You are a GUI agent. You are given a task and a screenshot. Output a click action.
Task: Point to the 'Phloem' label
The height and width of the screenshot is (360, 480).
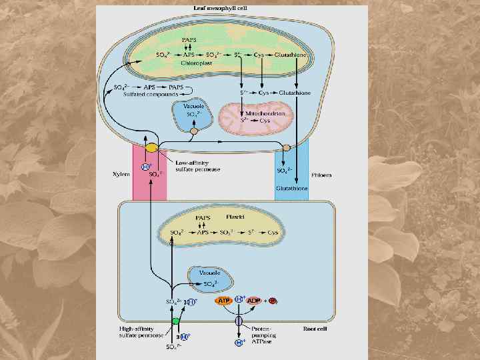(321, 175)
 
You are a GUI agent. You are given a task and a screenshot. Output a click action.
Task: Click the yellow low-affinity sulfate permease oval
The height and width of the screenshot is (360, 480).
(152, 148)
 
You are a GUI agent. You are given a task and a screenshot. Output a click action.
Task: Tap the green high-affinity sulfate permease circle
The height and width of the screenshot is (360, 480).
(176, 321)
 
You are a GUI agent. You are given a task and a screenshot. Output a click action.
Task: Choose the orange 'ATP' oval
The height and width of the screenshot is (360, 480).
(224, 301)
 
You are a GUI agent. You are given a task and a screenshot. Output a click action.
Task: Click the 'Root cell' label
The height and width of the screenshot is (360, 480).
(315, 329)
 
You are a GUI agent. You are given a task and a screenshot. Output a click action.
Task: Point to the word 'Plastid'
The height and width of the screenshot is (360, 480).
(235, 217)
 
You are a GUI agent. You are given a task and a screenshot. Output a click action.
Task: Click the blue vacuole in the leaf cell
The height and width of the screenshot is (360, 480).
(193, 115)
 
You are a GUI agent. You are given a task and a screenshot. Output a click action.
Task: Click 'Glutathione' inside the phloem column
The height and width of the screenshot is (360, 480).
(291, 189)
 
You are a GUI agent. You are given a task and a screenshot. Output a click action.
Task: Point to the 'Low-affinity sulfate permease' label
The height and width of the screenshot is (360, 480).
(197, 165)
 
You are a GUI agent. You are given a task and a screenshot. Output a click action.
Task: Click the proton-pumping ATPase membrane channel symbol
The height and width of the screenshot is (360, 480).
(238, 321)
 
